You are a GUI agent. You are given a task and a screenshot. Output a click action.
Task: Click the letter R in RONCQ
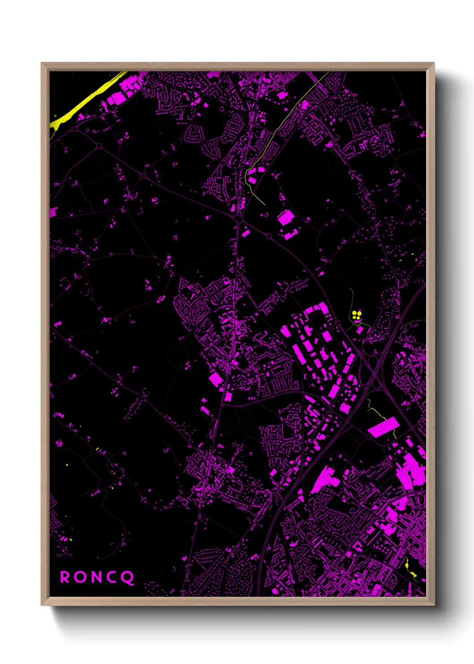(65, 577)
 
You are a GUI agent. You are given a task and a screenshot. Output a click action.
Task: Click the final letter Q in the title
(128, 577)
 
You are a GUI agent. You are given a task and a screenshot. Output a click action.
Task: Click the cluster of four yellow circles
(356, 315)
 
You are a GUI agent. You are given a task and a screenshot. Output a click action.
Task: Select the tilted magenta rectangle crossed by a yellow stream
(383, 427)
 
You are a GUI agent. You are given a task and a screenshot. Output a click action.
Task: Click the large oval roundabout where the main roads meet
(238, 218)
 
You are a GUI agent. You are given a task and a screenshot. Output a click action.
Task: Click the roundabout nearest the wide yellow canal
(73, 129)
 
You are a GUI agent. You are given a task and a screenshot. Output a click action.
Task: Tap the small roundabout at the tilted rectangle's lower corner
(368, 437)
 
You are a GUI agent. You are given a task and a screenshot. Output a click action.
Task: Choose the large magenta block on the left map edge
(53, 212)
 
